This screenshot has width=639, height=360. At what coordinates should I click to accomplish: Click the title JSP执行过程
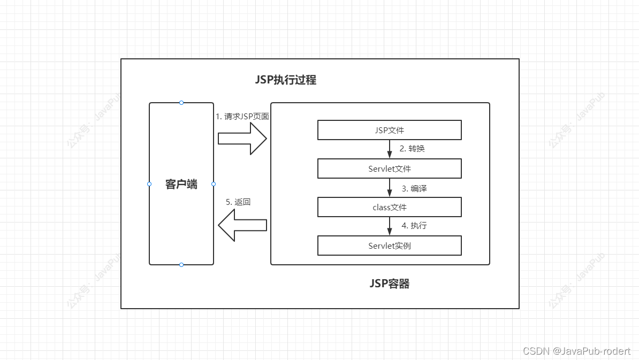point(286,80)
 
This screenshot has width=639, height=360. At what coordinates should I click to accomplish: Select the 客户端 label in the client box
point(181,185)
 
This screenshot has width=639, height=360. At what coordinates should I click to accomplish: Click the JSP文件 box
point(390,130)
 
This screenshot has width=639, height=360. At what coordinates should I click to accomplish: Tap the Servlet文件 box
point(390,168)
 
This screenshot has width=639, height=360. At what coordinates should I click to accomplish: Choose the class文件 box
point(390,207)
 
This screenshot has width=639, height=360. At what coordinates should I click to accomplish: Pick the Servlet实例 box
point(390,246)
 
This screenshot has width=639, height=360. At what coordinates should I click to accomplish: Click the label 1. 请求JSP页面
point(242,116)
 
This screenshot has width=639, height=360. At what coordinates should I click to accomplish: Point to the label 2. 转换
point(412,149)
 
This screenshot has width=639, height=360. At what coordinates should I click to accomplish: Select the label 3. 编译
point(414,188)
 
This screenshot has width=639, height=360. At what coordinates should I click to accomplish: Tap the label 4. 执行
point(414,226)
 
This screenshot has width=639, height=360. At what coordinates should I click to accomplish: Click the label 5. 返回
point(238,202)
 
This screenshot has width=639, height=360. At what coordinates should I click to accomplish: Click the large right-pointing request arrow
point(242,139)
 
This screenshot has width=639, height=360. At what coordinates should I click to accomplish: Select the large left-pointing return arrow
point(242,225)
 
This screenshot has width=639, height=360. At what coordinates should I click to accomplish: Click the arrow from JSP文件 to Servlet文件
point(390,149)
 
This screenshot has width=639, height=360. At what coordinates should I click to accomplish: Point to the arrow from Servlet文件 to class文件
point(390,188)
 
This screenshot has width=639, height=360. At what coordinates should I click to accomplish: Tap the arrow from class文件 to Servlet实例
point(390,226)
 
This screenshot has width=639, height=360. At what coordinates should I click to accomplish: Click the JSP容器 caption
point(390,284)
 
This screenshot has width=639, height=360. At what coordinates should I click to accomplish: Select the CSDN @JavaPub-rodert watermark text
point(577,351)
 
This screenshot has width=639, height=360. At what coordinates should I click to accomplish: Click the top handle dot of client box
point(181,102)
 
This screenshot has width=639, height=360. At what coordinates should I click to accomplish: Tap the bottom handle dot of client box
point(181,265)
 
